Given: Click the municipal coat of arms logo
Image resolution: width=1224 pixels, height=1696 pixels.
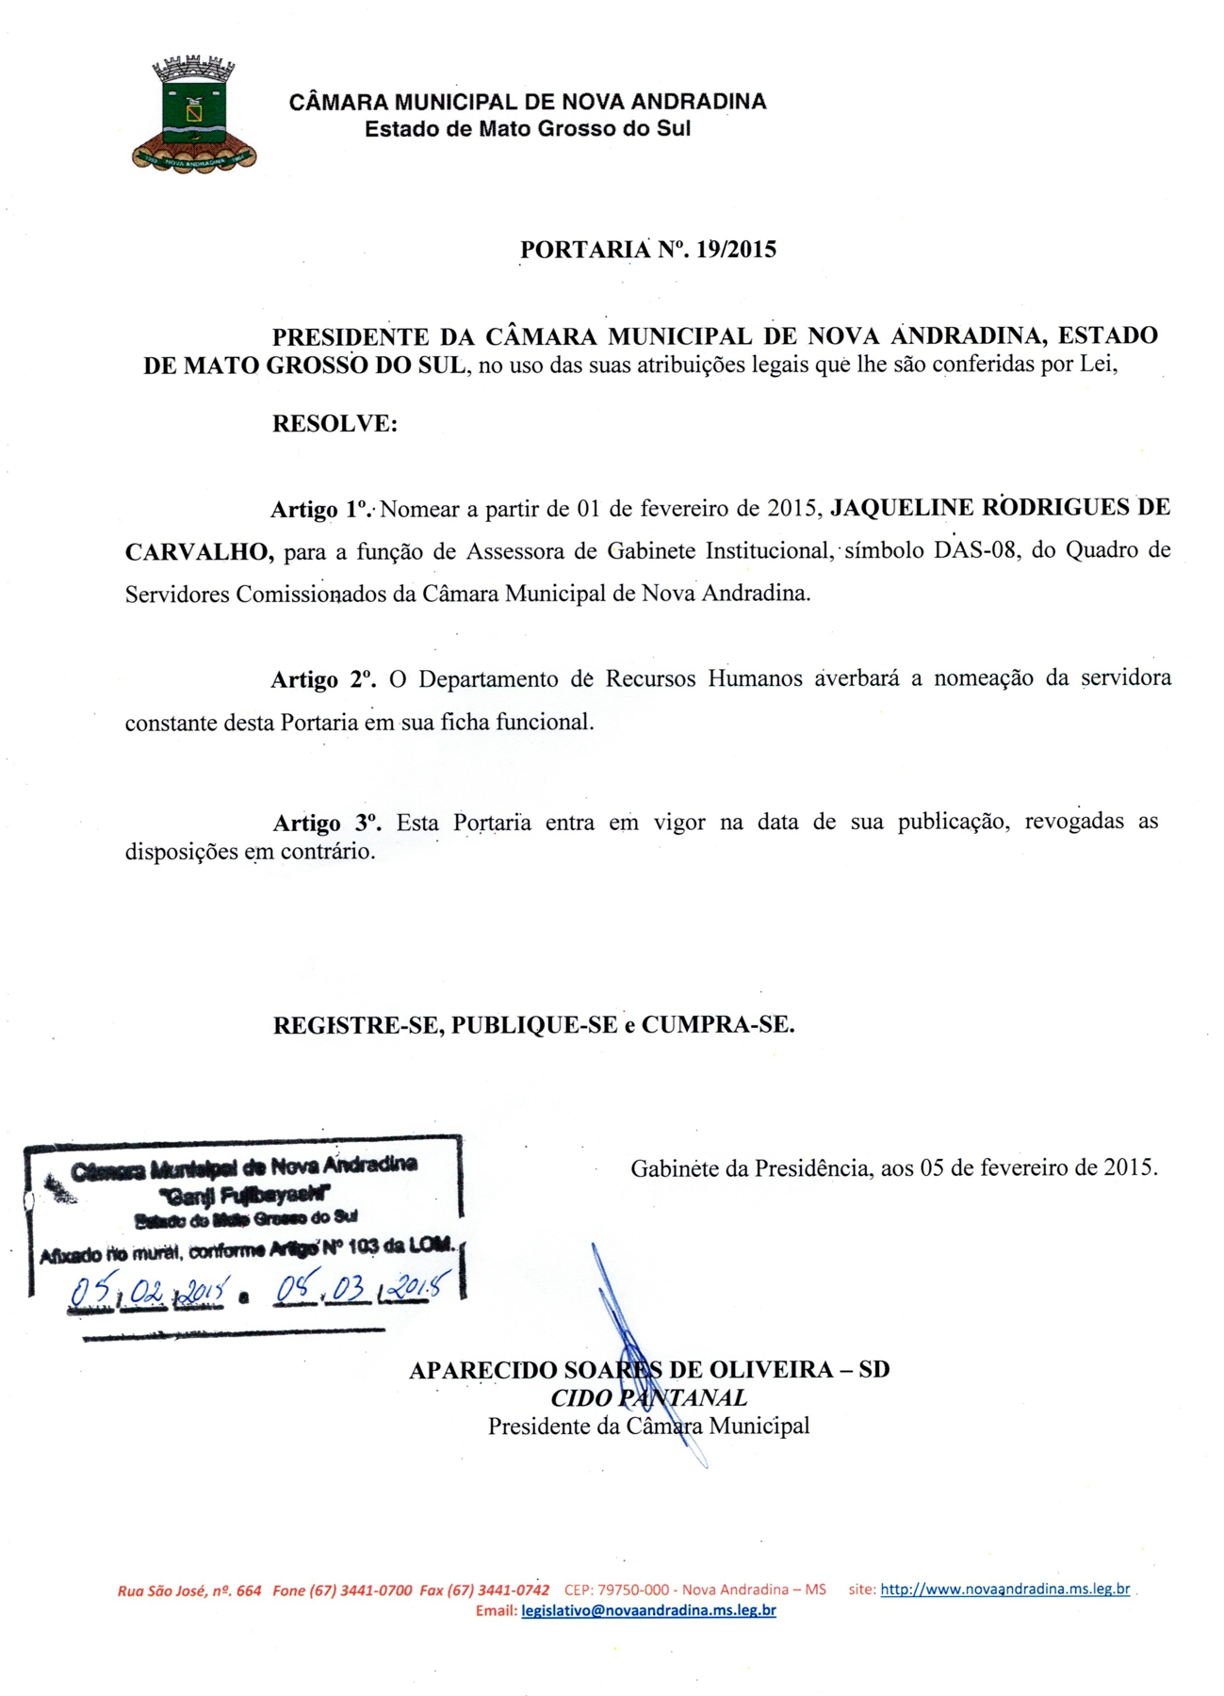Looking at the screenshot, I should (194, 114).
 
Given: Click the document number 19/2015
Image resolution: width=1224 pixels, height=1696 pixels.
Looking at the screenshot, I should (736, 250).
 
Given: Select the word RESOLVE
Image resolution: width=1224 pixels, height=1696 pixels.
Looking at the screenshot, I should (335, 424).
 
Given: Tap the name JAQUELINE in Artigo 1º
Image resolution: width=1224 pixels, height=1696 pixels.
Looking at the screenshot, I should (902, 508).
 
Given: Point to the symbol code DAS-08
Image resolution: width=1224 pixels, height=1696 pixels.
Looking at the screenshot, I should (975, 550).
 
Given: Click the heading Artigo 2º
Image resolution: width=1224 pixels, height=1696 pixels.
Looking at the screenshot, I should (323, 679).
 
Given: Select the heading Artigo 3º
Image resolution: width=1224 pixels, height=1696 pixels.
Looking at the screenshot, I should (326, 824).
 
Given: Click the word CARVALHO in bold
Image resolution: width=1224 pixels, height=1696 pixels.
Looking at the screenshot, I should (199, 551).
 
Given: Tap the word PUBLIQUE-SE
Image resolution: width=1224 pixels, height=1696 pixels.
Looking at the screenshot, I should (534, 1025).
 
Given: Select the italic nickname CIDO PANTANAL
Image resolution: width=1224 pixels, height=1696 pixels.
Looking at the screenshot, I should (648, 1398).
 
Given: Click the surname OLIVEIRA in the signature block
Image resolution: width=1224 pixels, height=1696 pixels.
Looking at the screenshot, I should (771, 1370).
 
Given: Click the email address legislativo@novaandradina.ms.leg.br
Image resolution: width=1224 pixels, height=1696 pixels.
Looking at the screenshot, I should (648, 1610).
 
